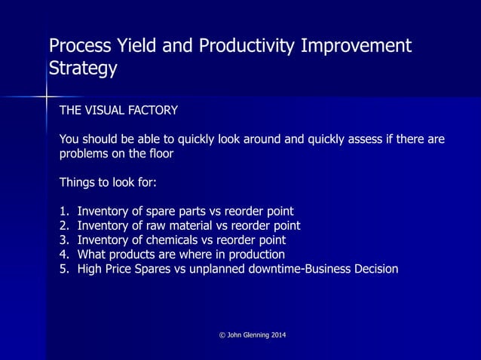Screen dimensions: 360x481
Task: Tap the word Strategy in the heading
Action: click(83, 69)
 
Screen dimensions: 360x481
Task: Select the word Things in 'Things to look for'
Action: click(76, 182)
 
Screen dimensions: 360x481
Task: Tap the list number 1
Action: click(63, 212)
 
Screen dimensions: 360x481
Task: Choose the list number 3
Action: click(63, 240)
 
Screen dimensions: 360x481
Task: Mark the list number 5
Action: click(63, 269)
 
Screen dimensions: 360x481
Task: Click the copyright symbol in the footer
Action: click(211, 334)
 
